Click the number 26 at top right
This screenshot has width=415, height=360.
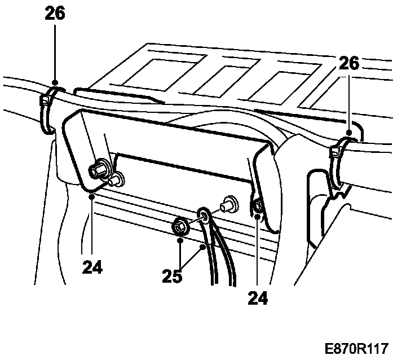pos(349,63)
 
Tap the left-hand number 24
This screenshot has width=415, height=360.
pos(92,266)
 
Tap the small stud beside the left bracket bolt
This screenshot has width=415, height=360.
pos(116,180)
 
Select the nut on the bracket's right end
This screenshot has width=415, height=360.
pos(258,207)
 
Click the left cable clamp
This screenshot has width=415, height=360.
pos(50,107)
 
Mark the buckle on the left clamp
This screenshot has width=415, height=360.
pos(44,102)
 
